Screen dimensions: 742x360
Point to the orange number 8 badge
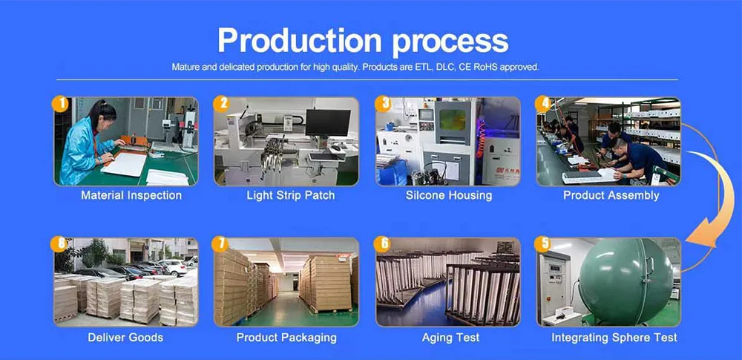[59, 244]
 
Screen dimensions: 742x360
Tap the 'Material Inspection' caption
[131, 196]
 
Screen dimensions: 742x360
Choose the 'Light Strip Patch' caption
[290, 196]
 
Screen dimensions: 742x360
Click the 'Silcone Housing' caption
[449, 196]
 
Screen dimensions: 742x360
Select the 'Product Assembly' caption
[611, 196]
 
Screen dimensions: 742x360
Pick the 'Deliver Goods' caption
[125, 338]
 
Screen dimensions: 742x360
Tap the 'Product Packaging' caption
[286, 338]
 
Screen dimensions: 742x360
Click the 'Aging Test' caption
[450, 338]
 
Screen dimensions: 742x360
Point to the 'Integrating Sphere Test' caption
[614, 338]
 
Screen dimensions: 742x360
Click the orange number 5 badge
[545, 244]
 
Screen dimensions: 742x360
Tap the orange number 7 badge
[220, 244]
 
